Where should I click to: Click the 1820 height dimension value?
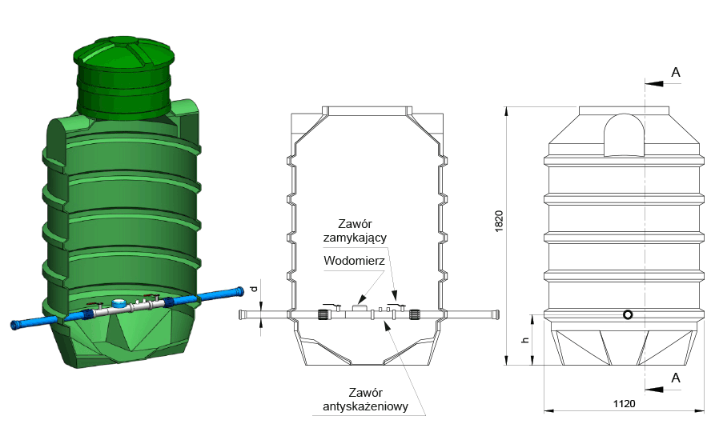point(499,222)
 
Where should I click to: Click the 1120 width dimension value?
point(625,404)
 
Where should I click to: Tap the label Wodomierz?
point(354,261)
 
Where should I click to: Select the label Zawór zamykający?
point(355,231)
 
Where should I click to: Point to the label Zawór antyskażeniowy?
point(365,399)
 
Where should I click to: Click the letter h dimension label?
point(525,340)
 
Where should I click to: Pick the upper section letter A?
point(676,73)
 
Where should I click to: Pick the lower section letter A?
point(676,378)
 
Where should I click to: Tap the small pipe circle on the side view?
point(628,314)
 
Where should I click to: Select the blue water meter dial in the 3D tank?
point(119,302)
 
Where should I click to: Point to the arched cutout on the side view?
point(625,134)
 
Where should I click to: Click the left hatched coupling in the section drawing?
point(323,314)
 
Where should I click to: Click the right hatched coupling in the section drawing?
point(415,314)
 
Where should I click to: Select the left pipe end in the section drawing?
point(242,314)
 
